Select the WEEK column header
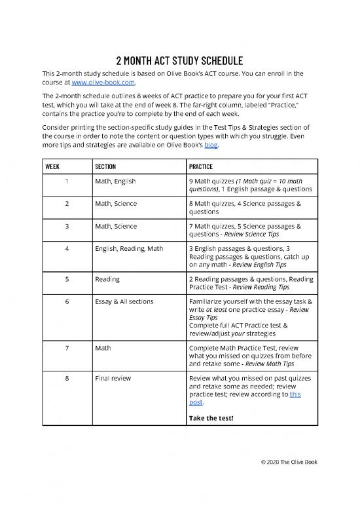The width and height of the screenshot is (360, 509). [x=55, y=166]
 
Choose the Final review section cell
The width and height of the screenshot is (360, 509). [x=113, y=377]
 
